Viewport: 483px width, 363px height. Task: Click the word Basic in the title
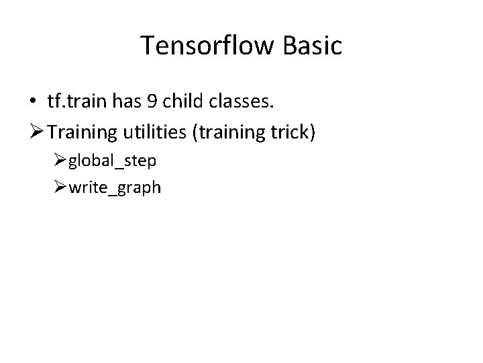pyautogui.click(x=313, y=46)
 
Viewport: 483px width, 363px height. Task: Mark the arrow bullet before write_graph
pyautogui.click(x=61, y=186)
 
